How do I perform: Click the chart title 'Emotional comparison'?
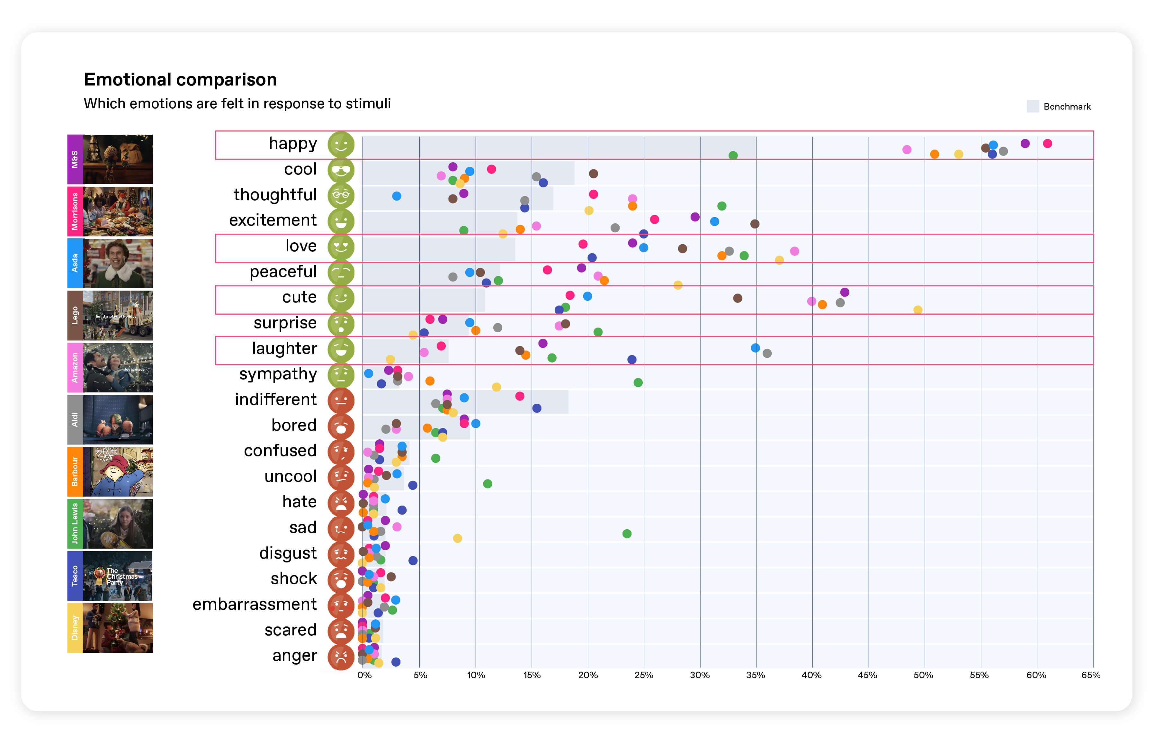coord(180,80)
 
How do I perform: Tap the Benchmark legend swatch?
coord(1033,106)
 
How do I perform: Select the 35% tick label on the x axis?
coord(756,675)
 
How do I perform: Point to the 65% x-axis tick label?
coord(1091,675)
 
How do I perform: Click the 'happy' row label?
coord(292,143)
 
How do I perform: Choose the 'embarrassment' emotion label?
coord(255,604)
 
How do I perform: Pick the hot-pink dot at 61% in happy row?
coord(1048,143)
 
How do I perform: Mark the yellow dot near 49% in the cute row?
coord(918,310)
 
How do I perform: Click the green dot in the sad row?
coord(627,534)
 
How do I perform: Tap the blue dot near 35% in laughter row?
coord(756,348)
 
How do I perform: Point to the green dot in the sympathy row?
coord(638,382)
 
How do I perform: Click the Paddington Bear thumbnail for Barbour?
coord(118,471)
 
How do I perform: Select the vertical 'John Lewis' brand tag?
coord(75,524)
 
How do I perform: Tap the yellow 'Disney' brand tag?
coord(75,628)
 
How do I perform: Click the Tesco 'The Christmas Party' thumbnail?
coord(118,576)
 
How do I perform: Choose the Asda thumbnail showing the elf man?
coord(118,264)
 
